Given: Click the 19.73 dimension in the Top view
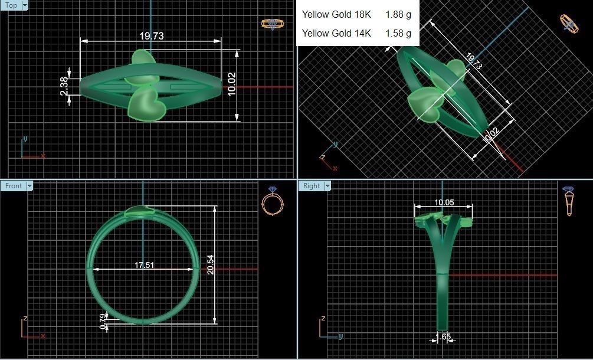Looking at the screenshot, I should (x=151, y=36).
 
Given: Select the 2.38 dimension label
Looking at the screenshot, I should (x=64, y=87).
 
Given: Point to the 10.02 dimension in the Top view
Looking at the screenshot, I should (x=231, y=84).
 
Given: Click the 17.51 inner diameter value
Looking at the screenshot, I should (x=144, y=265).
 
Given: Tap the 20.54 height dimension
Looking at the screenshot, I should (x=211, y=265).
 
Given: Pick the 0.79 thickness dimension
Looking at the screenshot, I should (x=103, y=321).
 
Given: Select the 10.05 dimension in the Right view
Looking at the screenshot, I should (x=444, y=202).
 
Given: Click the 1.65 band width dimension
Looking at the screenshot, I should (x=443, y=336).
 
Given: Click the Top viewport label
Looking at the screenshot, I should (x=11, y=5).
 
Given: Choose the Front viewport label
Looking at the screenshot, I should (x=14, y=186).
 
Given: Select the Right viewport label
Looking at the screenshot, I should (x=311, y=186).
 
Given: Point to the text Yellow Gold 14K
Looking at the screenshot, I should (x=336, y=33).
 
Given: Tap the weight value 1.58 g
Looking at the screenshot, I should (x=398, y=33).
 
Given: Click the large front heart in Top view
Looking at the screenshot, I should (x=143, y=104).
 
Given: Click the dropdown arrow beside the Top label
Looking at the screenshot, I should (x=25, y=5).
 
